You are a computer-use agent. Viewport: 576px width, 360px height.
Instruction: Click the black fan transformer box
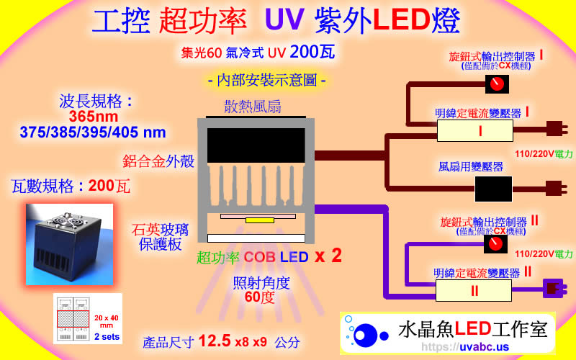(493, 189)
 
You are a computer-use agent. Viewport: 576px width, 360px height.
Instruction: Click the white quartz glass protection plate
(257, 238)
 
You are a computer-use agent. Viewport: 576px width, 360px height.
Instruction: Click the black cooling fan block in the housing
(257, 145)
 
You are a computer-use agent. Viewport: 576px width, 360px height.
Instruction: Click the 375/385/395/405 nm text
(93, 132)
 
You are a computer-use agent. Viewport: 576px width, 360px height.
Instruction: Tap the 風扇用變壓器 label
(471, 167)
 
